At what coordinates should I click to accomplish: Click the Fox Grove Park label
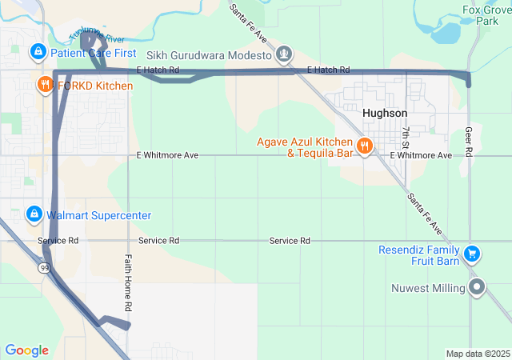click(486, 16)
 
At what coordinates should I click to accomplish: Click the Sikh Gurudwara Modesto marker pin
click(282, 54)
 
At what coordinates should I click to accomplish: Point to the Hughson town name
click(385, 114)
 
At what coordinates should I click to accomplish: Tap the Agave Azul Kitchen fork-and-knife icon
click(365, 145)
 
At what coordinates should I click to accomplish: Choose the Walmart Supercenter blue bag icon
click(34, 215)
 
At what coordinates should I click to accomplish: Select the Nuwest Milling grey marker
click(478, 287)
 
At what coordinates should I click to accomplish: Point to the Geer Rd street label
click(469, 140)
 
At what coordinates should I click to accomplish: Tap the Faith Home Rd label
click(127, 283)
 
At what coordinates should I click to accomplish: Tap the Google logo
click(26, 350)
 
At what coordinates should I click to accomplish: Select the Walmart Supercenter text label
click(98, 216)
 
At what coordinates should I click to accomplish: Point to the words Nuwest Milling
click(427, 288)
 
